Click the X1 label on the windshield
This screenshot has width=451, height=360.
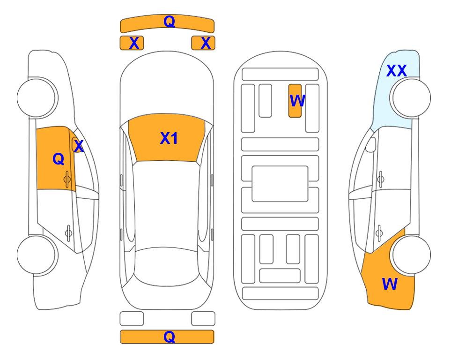169,138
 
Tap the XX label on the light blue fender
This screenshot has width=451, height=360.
396,71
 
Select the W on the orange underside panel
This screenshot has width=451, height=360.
297,100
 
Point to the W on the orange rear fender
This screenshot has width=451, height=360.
390,284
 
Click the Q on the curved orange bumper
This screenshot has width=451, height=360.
169,21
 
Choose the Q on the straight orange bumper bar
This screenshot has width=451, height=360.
169,337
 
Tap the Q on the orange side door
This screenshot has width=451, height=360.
59,159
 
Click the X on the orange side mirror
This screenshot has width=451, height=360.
79,146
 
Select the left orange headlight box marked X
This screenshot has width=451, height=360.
132,43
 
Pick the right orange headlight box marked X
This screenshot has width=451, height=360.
203,43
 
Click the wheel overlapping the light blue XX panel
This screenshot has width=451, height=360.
410,97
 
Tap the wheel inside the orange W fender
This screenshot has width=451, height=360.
410,255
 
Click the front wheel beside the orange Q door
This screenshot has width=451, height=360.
37,97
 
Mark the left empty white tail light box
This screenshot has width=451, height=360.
132,319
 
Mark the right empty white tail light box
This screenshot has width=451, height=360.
203,319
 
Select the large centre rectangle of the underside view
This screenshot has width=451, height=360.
280,184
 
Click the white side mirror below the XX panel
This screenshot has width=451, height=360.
371,144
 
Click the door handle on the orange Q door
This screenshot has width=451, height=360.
67,179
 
